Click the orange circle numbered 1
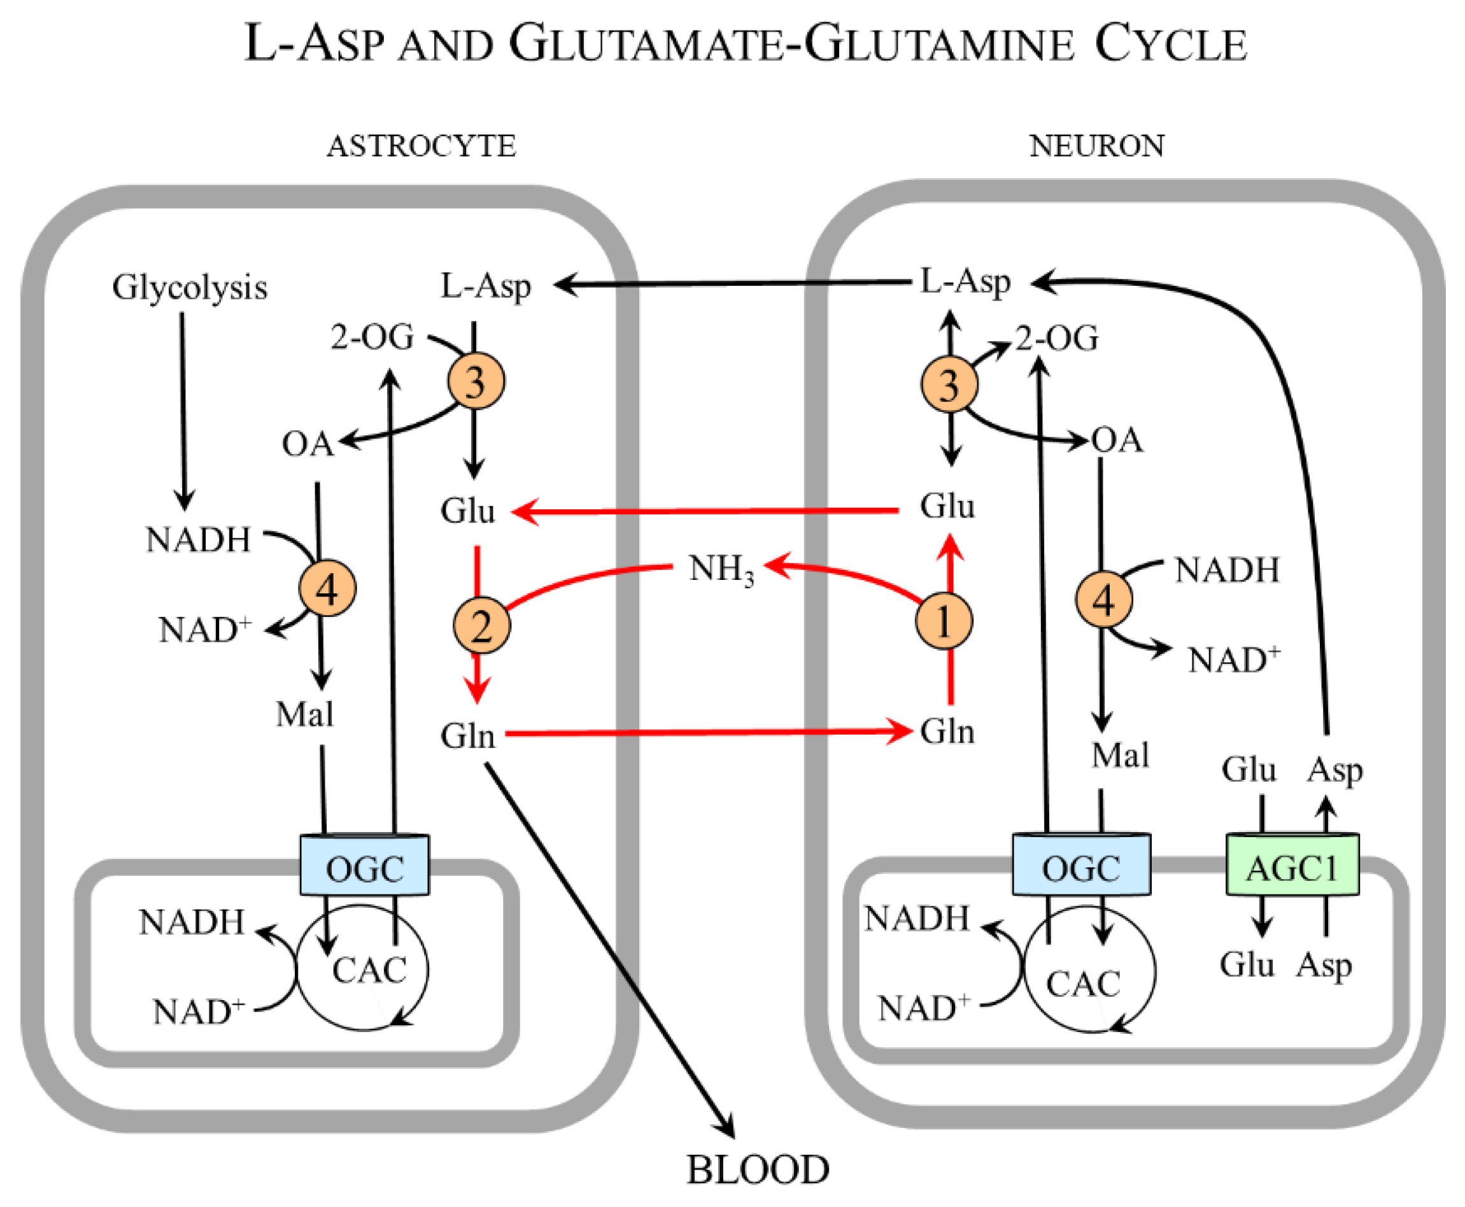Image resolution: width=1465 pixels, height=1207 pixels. click(944, 621)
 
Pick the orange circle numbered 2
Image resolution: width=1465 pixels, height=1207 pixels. click(481, 625)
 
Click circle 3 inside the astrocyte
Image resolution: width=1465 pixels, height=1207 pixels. click(476, 381)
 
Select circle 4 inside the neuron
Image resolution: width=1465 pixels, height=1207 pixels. click(1103, 598)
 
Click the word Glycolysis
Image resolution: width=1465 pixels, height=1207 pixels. click(190, 287)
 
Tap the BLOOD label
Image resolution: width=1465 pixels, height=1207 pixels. click(758, 1169)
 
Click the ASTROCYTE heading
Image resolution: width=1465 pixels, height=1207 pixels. click(421, 146)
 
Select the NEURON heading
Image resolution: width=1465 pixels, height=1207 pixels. click(1096, 145)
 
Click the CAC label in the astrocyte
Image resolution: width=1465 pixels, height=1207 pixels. click(369, 971)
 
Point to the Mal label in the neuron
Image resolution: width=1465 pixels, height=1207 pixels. click(1119, 754)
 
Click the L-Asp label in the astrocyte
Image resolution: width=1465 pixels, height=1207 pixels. click(486, 285)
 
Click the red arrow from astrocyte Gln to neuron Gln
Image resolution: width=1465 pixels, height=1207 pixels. click(702, 732)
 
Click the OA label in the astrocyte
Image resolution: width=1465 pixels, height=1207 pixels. click(307, 444)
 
